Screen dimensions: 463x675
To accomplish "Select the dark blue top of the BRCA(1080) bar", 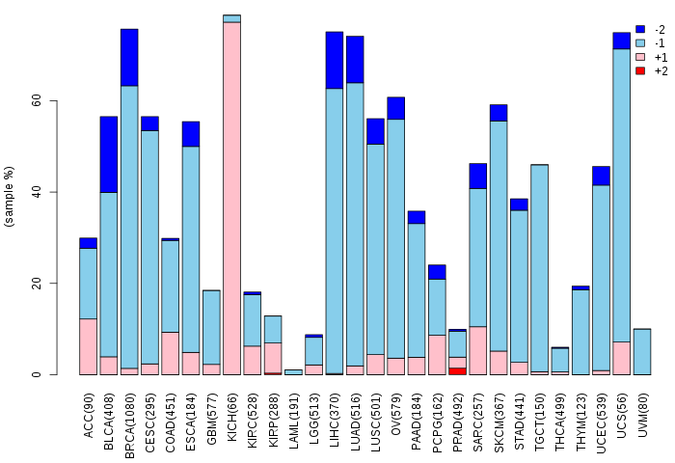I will (x=129, y=58).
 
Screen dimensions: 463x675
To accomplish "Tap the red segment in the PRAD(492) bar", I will (x=458, y=370).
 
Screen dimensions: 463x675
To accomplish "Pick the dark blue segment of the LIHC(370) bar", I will (x=335, y=60).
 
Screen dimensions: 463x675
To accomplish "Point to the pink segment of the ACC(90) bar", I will (x=88, y=346).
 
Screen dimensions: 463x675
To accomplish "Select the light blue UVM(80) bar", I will (x=642, y=351).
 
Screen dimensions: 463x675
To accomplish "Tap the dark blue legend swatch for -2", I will (x=639, y=30).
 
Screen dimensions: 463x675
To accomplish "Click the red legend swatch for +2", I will (x=639, y=71).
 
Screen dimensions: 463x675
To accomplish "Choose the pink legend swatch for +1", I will (x=639, y=58).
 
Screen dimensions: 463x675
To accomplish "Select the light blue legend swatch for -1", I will (x=639, y=43).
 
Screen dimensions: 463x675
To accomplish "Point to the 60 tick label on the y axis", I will (x=36, y=100).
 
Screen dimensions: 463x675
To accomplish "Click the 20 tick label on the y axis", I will (x=36, y=284).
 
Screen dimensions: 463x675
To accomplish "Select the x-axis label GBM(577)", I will (x=212, y=411).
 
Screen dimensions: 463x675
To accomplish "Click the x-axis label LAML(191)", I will (x=294, y=411).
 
